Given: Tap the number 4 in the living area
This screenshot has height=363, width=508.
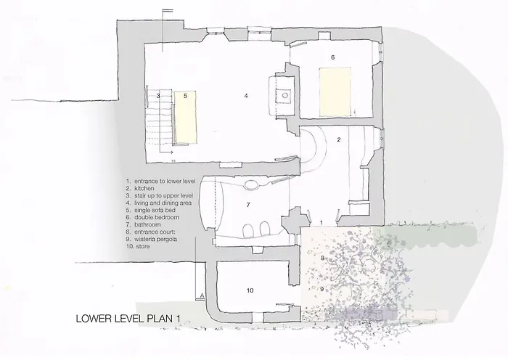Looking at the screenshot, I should [247, 96].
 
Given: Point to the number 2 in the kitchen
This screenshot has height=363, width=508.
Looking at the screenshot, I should [338, 139].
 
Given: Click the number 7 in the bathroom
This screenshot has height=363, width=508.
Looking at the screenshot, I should [248, 205].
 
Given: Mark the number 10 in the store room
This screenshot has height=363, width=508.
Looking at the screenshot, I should [250, 290].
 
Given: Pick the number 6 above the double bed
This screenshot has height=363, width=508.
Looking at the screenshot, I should [332, 57].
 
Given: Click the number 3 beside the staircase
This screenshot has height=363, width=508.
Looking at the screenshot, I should [157, 96].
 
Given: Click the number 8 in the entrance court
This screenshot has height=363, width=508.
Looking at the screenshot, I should [322, 258].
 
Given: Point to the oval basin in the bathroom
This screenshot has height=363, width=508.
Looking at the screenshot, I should [251, 184].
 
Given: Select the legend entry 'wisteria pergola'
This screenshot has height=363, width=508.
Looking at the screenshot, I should [155, 239].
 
